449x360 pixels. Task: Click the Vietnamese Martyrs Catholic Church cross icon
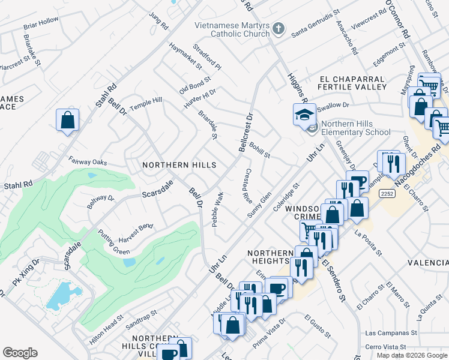tap(278, 28)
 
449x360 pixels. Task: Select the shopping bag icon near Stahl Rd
tap(67, 119)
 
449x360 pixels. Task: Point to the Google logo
tap(20, 353)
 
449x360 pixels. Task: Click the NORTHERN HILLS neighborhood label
tap(178, 164)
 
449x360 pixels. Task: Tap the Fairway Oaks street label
tap(88, 162)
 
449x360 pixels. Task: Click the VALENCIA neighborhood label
tap(427, 263)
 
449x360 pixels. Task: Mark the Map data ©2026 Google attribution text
tap(412, 355)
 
